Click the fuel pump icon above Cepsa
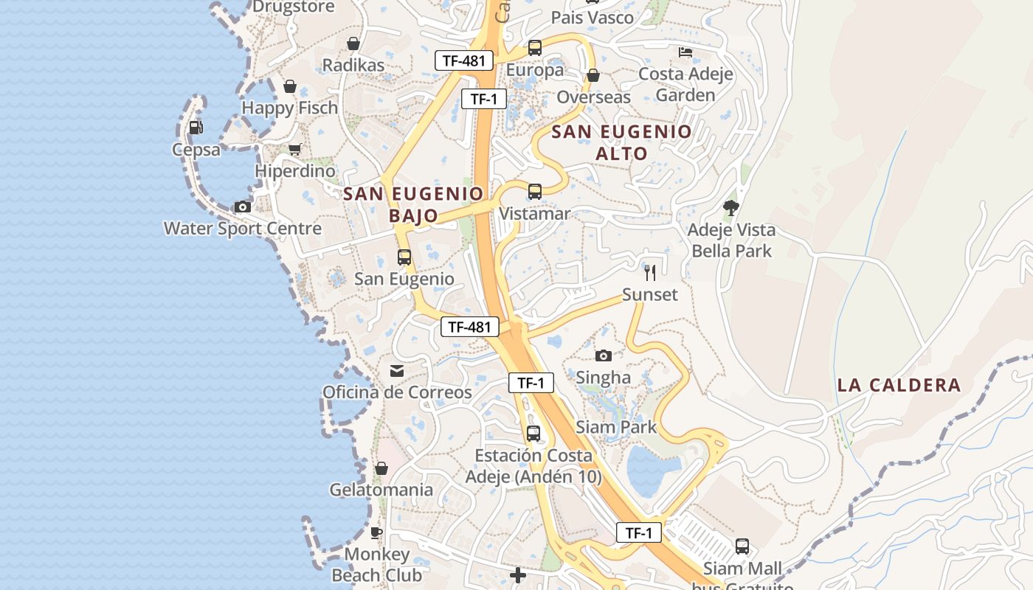(x=196, y=127)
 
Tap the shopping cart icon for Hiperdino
(x=294, y=149)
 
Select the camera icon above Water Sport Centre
(x=242, y=206)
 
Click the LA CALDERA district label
(x=899, y=385)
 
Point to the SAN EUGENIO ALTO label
(x=621, y=143)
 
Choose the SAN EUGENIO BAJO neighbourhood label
(x=413, y=204)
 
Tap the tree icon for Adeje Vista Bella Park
(x=730, y=208)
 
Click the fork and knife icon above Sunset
(x=649, y=273)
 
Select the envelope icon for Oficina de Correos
(x=397, y=370)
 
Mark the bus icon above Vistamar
(x=534, y=192)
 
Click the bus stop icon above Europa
(x=534, y=48)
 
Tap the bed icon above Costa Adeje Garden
(x=685, y=52)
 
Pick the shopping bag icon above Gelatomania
(x=381, y=468)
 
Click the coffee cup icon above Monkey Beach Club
(x=376, y=532)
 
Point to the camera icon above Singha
(x=603, y=355)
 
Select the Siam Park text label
(x=615, y=426)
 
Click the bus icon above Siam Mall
(x=742, y=546)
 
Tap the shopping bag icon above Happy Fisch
(x=289, y=86)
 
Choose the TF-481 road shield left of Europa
(x=463, y=60)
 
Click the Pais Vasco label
(x=592, y=18)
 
